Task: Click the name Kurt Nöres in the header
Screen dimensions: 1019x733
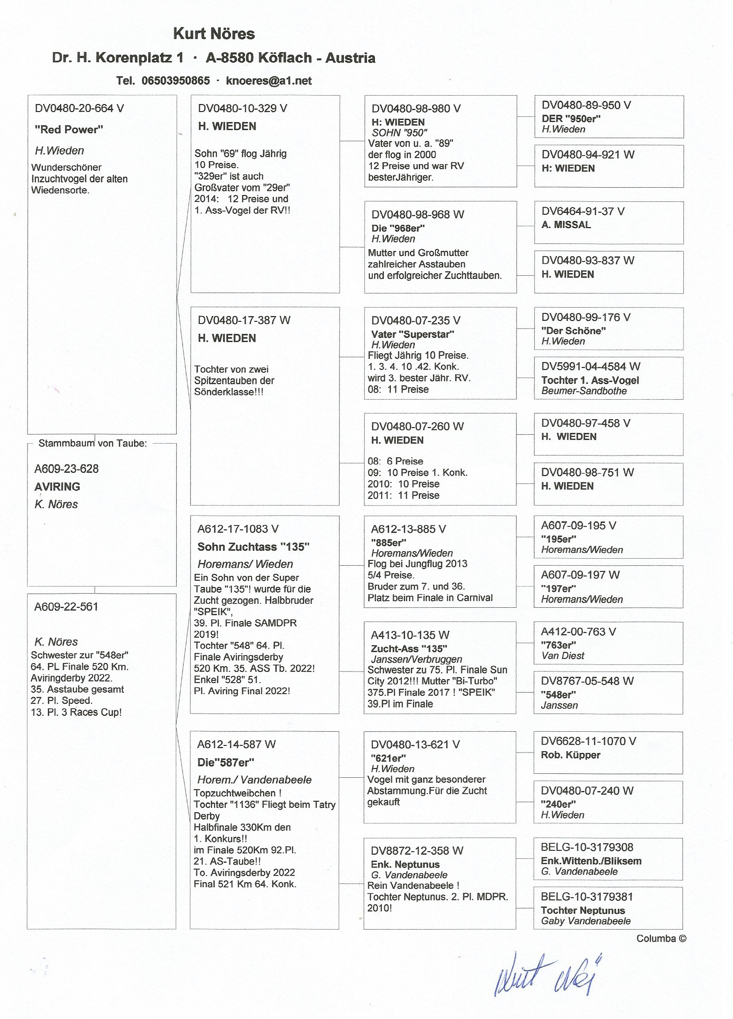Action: tap(214, 34)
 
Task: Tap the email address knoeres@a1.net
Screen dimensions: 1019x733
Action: tap(269, 81)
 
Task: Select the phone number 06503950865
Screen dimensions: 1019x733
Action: tap(176, 81)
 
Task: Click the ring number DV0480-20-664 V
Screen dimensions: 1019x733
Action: tap(79, 108)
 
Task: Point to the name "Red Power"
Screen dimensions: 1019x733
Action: tap(69, 130)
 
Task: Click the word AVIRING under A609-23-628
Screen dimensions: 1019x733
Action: tap(57, 486)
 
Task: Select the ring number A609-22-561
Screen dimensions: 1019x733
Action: tap(66, 606)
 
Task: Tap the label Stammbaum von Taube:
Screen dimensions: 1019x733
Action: tap(93, 444)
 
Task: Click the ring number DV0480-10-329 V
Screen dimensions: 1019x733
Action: tap(242, 108)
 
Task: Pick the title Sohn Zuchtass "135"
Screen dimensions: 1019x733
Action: tap(253, 547)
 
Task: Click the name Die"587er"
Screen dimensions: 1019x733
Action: tap(225, 762)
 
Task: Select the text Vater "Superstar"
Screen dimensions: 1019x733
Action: tap(413, 334)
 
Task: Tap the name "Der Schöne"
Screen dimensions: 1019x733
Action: tap(573, 331)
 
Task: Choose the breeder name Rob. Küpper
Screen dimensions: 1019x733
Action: tap(571, 755)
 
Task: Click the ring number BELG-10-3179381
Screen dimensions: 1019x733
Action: tap(586, 897)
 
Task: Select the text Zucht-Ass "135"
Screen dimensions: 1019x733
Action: tap(409, 649)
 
